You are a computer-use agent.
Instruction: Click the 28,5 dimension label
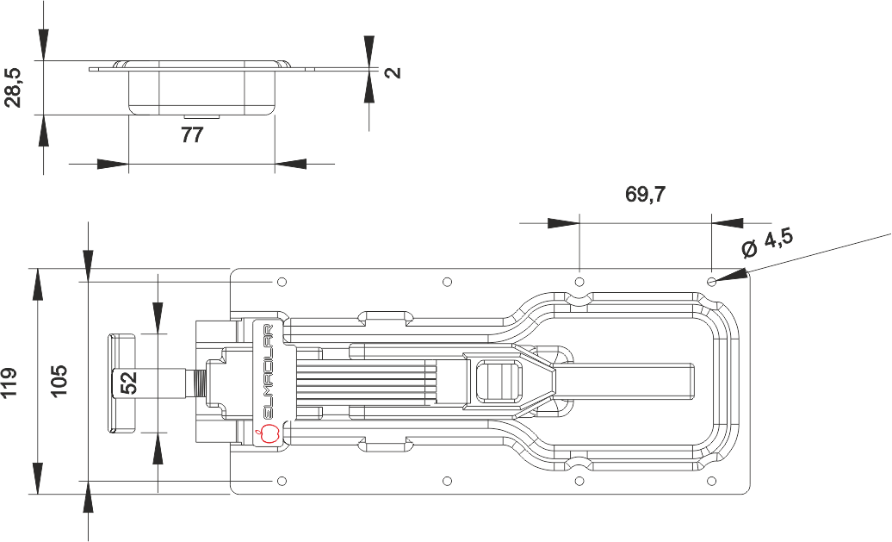[x=13, y=88]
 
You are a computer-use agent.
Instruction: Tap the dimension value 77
[x=192, y=135]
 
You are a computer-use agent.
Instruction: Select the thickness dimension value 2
[x=393, y=72]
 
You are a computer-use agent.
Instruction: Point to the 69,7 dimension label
[x=645, y=195]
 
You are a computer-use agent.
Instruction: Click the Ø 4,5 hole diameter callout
[x=767, y=243]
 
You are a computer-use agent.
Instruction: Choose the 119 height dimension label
[x=9, y=383]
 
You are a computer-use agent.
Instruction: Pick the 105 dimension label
[x=59, y=380]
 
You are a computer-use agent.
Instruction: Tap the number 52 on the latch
[x=129, y=383]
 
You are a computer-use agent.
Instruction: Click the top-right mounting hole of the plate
[x=711, y=282]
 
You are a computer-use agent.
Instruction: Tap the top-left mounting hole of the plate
[x=282, y=282]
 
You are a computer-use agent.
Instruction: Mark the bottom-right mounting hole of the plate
[x=711, y=481]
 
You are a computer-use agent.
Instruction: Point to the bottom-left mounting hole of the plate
[x=282, y=481]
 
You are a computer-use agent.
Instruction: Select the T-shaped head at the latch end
[x=121, y=383]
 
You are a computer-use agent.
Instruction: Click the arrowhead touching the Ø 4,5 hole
[x=730, y=274]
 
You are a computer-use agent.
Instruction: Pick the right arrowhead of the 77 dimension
[x=290, y=165]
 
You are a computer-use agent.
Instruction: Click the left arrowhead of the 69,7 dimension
[x=563, y=222]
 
